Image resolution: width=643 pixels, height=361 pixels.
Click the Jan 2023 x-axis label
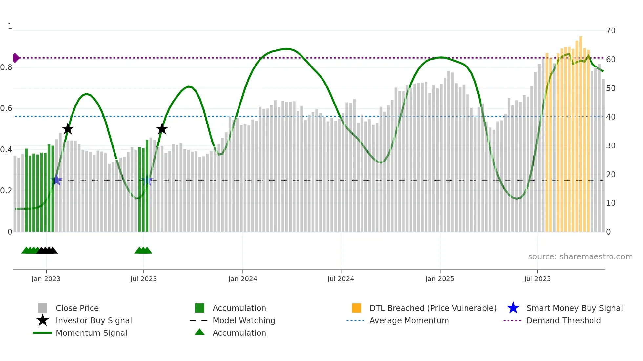pyautogui.click(x=46, y=279)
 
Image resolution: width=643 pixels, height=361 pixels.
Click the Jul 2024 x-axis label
pyautogui.click(x=341, y=279)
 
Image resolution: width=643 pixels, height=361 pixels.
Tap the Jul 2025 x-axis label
pyautogui.click(x=537, y=279)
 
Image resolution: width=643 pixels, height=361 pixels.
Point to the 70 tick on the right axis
pyautogui.click(x=611, y=31)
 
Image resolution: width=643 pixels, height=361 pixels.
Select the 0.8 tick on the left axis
pyautogui.click(x=7, y=67)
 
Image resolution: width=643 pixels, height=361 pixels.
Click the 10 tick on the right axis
pyautogui.click(x=611, y=203)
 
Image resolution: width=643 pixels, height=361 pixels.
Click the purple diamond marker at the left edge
pyautogui.click(x=16, y=58)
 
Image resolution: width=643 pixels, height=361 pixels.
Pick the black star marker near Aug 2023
pyautogui.click(x=162, y=129)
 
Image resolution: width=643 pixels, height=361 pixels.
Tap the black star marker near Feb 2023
pyautogui.click(x=68, y=129)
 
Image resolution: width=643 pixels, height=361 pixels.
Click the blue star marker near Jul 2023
pyautogui.click(x=147, y=180)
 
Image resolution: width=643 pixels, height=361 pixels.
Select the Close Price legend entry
pyautogui.click(x=77, y=308)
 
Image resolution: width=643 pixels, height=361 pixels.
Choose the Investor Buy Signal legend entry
pyautogui.click(x=93, y=321)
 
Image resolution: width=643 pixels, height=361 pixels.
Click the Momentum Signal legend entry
pyautogui.click(x=91, y=333)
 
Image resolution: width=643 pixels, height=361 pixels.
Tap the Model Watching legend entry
pyautogui.click(x=244, y=321)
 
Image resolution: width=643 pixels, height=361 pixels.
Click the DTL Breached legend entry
pyautogui.click(x=433, y=308)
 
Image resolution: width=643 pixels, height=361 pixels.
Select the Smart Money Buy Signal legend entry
pyautogui.click(x=574, y=308)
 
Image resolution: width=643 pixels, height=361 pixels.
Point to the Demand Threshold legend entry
pyautogui.click(x=563, y=321)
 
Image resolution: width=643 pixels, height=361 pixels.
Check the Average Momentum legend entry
pyautogui.click(x=409, y=321)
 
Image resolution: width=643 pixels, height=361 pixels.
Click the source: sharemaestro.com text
pyautogui.click(x=580, y=257)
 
